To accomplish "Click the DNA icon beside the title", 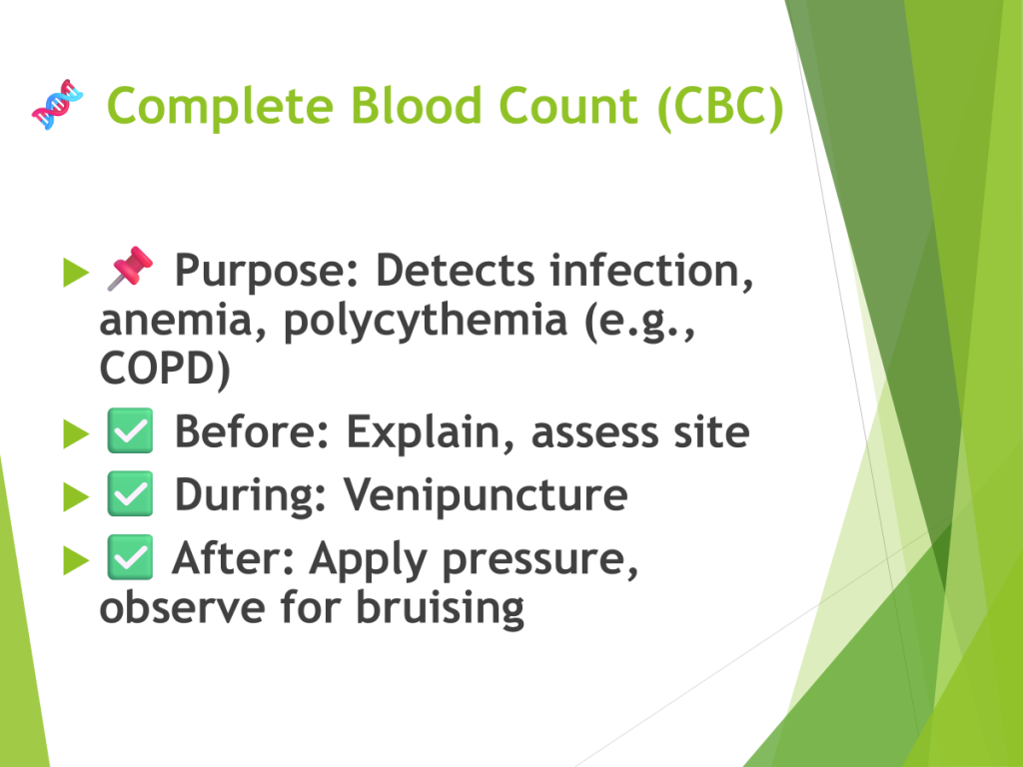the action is [57, 104].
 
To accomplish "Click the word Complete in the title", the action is [221, 107].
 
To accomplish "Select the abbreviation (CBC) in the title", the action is [720, 107].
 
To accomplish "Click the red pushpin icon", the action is [130, 268].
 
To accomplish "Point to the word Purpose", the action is [268, 272].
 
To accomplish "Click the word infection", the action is [651, 270].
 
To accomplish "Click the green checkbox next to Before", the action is [130, 430].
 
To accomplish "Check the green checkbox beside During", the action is [130, 493].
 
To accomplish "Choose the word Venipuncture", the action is [486, 495].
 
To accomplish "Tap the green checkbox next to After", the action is [130, 557].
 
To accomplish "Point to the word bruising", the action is [440, 608].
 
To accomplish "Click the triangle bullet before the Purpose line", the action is [76, 273].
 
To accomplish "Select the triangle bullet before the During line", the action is [76, 497].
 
